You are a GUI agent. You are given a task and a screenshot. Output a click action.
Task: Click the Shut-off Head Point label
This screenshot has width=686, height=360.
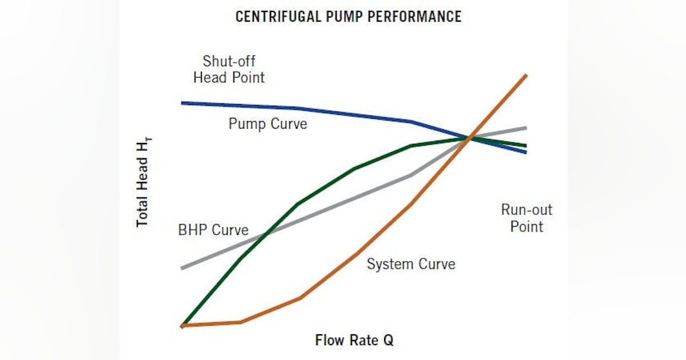pos(229,69)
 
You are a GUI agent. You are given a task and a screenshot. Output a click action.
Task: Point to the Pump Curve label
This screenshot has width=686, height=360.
pos(268,123)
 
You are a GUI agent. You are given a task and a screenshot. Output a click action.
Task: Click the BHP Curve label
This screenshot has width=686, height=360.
pos(213,230)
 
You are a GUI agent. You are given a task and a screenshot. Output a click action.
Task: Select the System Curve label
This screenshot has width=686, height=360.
pos(410,264)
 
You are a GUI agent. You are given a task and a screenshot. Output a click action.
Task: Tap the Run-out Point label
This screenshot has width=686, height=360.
pos(527,218)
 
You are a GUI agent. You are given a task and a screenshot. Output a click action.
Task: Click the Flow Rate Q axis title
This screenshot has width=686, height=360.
pos(354,341)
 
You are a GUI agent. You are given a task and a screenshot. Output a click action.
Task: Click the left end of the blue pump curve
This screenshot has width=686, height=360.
pos(182,103)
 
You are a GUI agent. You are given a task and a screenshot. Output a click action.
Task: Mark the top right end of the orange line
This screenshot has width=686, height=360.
pos(525,75)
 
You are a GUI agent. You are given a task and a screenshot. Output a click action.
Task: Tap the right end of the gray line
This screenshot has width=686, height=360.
pos(525,127)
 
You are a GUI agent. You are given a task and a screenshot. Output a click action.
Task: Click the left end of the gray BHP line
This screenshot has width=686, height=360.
pos(182,268)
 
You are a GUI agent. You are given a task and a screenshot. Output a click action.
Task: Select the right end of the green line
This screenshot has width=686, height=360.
pos(525,146)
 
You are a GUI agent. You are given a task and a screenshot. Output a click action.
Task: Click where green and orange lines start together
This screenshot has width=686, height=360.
pos(183,325)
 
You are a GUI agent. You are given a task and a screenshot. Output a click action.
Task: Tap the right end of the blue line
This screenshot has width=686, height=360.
pos(525,152)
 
